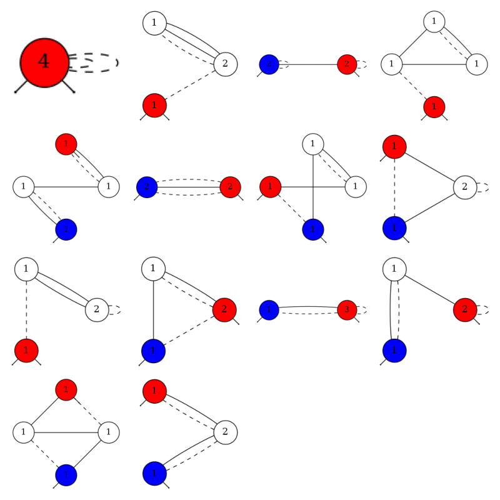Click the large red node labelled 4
[x=44, y=61]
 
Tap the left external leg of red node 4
[x=22, y=87]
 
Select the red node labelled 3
[x=347, y=310]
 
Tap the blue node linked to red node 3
[x=268, y=310]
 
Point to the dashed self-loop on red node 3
[x=362, y=310]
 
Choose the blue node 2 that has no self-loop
[x=146, y=186]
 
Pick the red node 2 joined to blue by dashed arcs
[x=230, y=186]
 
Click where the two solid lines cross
[x=312, y=186]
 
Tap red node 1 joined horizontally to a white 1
[x=270, y=186]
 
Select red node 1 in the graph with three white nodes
[x=434, y=107]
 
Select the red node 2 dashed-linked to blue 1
[x=224, y=309]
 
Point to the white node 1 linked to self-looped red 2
[x=394, y=269]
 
